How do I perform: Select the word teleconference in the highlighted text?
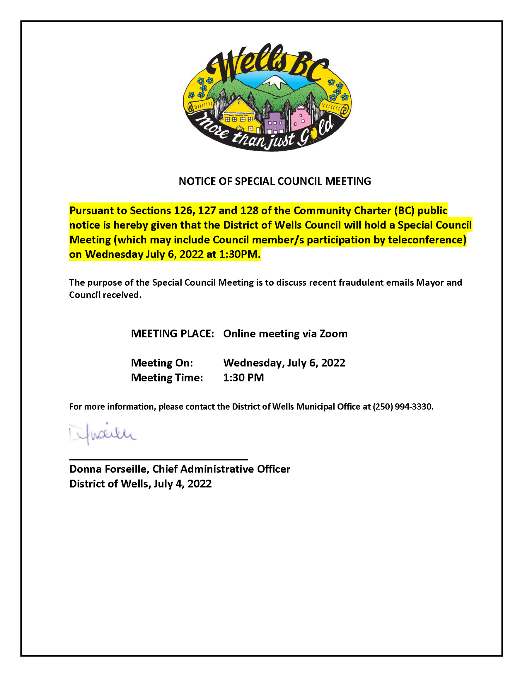click(x=427, y=240)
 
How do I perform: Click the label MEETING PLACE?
click(x=172, y=334)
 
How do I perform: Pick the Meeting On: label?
click(x=162, y=363)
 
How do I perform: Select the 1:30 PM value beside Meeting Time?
click(x=243, y=378)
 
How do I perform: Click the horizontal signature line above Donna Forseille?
click(x=158, y=459)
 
